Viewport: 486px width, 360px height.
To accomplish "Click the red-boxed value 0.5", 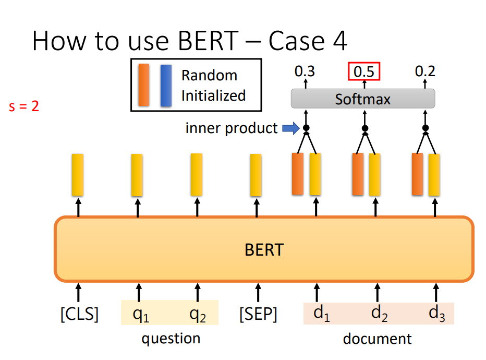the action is click(364, 71).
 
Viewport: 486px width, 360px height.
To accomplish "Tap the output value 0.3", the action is click(305, 71).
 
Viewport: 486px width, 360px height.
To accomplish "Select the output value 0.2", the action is click(425, 71).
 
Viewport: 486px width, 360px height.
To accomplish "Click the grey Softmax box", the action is click(363, 99).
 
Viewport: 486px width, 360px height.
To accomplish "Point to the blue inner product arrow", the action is click(291, 128).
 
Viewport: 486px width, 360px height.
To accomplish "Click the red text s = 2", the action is click(24, 106).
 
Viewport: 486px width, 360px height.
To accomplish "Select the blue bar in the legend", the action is click(166, 85).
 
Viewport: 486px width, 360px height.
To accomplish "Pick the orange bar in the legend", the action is click(144, 85).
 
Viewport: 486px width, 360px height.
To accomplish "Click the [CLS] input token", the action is click(79, 314).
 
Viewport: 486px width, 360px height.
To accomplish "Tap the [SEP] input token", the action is click(258, 314).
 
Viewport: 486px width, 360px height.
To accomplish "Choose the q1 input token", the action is click(141, 315).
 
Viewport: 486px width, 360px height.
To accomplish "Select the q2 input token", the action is click(198, 315).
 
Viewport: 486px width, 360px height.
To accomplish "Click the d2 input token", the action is click(380, 313).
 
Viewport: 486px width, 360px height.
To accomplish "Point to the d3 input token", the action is click(436, 313).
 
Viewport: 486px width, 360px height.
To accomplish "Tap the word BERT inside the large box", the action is click(264, 250).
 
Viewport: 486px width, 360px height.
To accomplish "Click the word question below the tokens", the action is click(171, 339).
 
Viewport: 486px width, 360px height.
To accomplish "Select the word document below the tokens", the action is click(377, 339).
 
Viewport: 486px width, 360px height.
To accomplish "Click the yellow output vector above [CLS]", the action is click(78, 175).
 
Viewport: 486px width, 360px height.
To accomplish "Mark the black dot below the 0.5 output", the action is click(365, 128).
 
